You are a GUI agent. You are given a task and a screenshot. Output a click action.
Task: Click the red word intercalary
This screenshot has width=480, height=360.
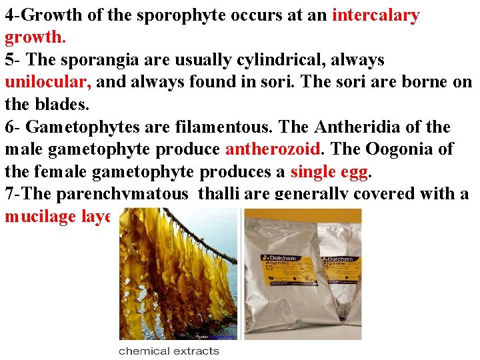point(375,15)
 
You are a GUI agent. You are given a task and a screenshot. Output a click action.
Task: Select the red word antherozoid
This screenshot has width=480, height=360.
point(273,149)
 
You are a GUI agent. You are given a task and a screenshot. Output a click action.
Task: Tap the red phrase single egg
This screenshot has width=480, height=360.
point(329,171)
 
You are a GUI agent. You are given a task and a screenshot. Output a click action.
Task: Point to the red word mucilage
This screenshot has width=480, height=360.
point(41,217)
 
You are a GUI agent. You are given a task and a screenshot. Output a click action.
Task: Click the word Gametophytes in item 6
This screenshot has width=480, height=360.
point(81,127)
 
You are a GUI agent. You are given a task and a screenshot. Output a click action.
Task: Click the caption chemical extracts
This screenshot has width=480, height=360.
point(169,351)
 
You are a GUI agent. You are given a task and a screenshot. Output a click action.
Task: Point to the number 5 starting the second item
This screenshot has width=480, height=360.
point(9,60)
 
